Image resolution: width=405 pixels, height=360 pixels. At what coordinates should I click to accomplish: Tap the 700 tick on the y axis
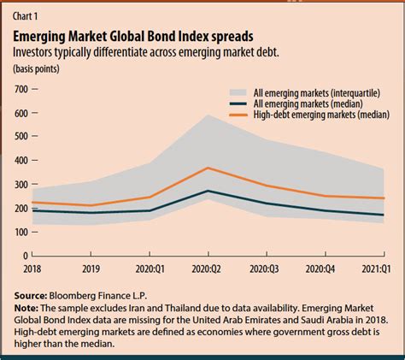tap(20, 89)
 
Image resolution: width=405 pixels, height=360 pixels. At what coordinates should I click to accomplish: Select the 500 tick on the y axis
tap(20, 137)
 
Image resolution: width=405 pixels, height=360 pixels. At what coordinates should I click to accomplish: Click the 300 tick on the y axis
tap(20, 184)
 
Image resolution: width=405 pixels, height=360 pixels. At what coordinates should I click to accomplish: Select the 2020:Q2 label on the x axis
tap(206, 268)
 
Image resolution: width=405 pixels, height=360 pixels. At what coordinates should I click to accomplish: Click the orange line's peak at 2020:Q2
tap(205, 168)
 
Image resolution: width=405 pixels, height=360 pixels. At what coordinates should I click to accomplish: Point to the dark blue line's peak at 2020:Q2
tap(205, 191)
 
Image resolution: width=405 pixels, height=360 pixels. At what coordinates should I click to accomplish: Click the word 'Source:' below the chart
tap(32, 293)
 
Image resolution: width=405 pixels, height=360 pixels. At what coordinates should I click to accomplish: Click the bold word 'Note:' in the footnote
tap(27, 306)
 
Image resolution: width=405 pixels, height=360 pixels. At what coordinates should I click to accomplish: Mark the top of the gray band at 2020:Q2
tap(205, 115)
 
